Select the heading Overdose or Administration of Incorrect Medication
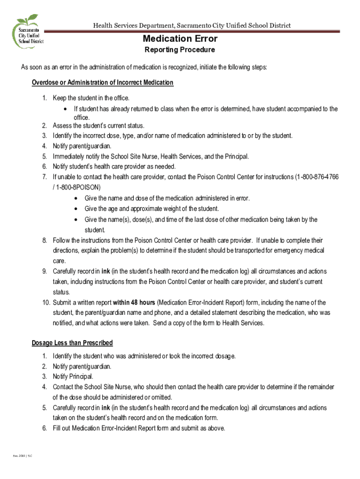coord(102,83)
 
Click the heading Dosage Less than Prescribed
coord(72,343)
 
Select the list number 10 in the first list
coord(45,302)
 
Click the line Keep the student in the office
coord(91,98)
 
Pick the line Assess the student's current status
coord(99,126)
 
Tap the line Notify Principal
coord(73,376)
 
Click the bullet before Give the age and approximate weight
coord(76,209)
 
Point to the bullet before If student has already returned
coord(65,109)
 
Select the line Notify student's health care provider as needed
coord(114,167)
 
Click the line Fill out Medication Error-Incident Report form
coord(139,428)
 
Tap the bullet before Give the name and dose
coord(76,198)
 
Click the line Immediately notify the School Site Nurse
coord(151,156)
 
